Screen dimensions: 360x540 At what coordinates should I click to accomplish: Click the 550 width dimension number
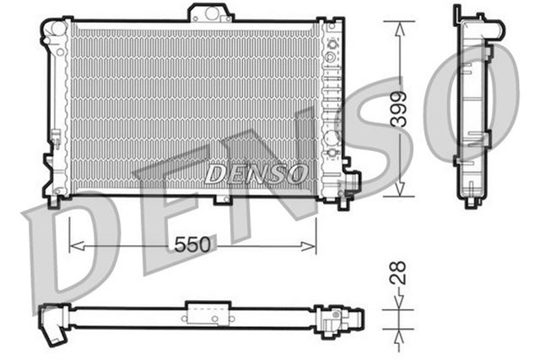click(x=192, y=245)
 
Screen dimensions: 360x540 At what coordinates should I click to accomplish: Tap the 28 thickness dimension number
click(x=399, y=271)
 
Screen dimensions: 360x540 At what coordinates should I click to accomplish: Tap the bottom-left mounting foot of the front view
click(x=56, y=200)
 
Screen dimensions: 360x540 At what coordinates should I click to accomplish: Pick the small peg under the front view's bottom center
click(x=223, y=199)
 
